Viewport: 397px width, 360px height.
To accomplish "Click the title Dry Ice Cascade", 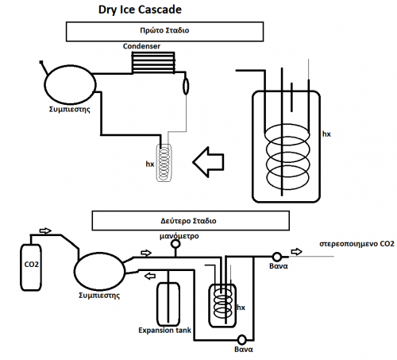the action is point(140,10).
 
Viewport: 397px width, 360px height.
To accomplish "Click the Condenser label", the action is point(141,46).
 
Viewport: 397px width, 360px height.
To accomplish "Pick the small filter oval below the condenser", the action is point(186,87).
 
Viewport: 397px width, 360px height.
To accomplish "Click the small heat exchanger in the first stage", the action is point(164,163).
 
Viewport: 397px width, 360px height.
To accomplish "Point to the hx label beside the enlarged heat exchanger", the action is point(326,134).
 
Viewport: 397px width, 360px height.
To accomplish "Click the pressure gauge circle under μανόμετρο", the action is point(175,244).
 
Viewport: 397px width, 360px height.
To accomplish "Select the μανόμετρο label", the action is point(179,236).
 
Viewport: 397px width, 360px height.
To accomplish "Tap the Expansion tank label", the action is point(164,331).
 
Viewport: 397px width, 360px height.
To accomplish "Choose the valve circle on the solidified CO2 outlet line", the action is point(277,257).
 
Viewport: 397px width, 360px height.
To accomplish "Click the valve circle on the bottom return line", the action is point(241,339).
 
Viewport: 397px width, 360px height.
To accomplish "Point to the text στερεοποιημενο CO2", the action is point(357,244).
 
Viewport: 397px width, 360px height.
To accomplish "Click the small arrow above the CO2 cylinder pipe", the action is point(45,230).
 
